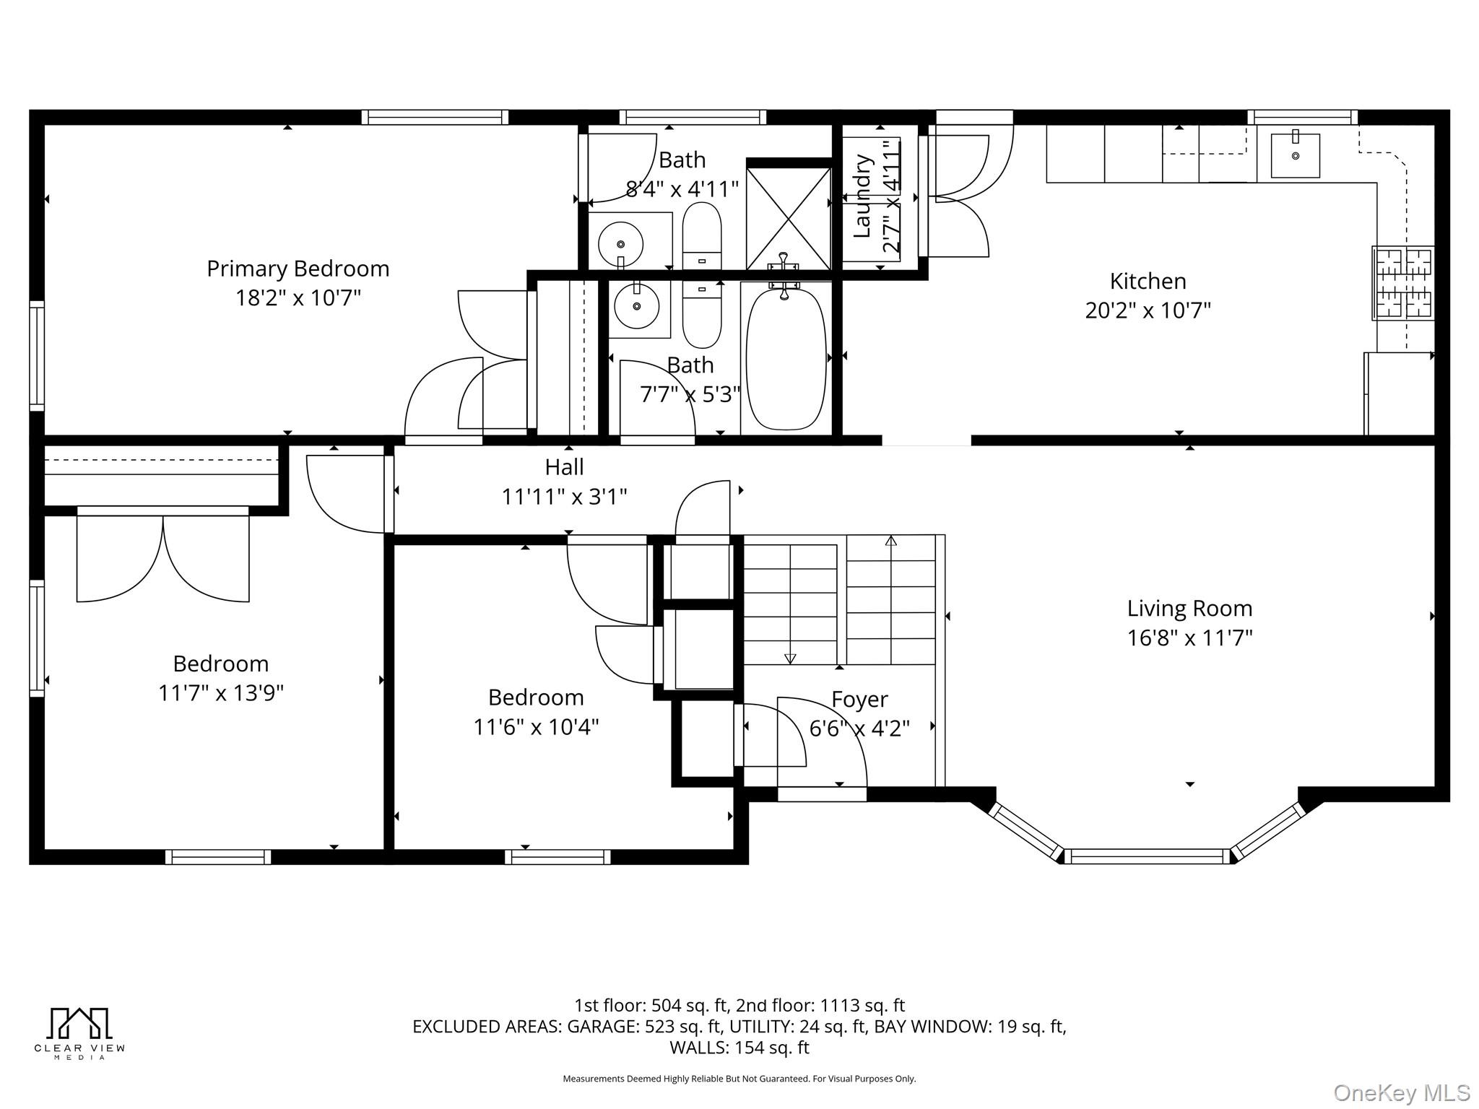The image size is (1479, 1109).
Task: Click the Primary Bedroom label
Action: pos(298,269)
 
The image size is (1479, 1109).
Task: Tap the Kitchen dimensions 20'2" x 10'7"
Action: pos(1148,310)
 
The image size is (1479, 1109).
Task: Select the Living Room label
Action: pos(1189,608)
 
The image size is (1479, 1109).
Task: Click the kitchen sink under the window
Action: pos(1295,156)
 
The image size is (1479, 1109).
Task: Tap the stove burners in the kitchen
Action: pos(1403,283)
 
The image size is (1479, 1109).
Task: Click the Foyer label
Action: pos(859,699)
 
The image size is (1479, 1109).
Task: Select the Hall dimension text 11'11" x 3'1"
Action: pos(564,497)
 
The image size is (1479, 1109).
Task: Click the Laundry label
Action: pos(862,196)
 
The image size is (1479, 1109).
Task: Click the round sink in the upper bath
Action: pos(620,244)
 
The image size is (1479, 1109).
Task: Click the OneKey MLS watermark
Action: pos(1402,1093)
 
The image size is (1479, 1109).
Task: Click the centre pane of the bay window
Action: pos(1147,857)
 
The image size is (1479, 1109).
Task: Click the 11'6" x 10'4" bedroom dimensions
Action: pos(536,726)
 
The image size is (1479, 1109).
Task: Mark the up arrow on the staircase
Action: pos(891,540)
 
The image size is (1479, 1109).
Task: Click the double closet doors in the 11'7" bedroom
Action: pos(163,556)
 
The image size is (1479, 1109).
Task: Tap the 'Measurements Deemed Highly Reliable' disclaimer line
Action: pos(739,1079)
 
